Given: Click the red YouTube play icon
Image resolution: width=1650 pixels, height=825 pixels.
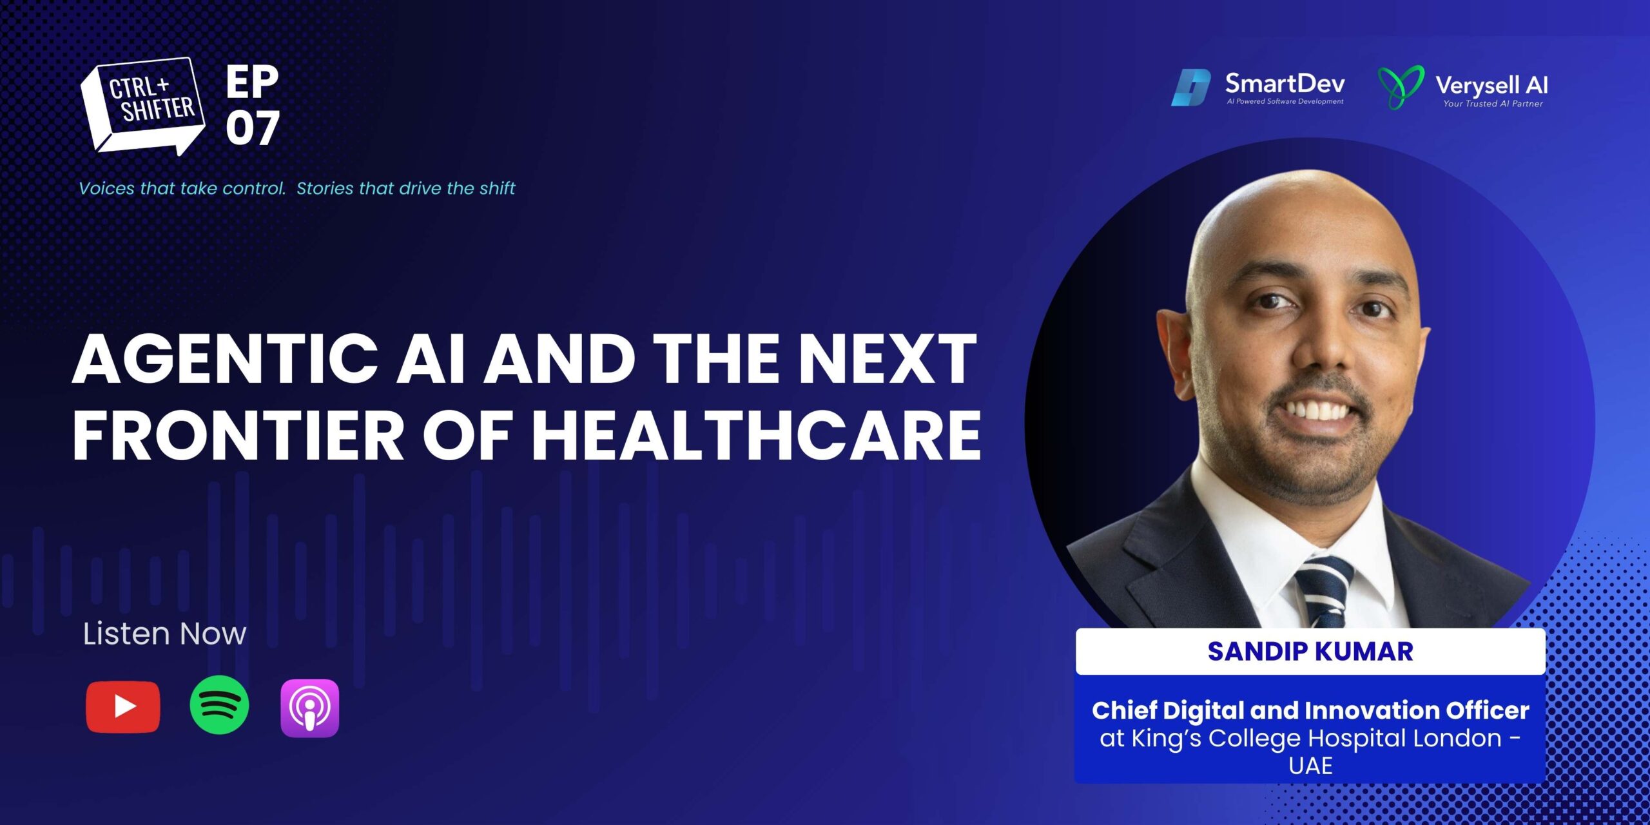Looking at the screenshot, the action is click(122, 707).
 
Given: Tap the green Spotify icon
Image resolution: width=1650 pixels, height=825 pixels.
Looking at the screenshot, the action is click(219, 705).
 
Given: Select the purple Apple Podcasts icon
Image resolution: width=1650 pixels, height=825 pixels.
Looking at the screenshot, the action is click(309, 708).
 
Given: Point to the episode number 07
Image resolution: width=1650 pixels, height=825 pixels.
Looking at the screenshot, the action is click(253, 128).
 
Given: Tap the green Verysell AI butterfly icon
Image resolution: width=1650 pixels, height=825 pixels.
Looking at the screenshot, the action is click(1401, 88).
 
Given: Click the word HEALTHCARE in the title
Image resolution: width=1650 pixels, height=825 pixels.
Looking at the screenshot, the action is click(755, 435).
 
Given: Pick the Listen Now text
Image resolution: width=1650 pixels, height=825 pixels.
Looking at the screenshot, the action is click(164, 634).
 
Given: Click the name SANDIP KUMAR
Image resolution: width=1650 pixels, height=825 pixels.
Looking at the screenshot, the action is click(1310, 651).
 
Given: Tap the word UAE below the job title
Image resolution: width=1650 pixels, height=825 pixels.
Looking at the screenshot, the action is click(1310, 766).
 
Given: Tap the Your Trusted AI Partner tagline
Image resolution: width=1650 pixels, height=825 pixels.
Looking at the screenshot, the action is click(1493, 104).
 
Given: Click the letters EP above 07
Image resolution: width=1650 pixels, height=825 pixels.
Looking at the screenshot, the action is click(252, 82).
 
